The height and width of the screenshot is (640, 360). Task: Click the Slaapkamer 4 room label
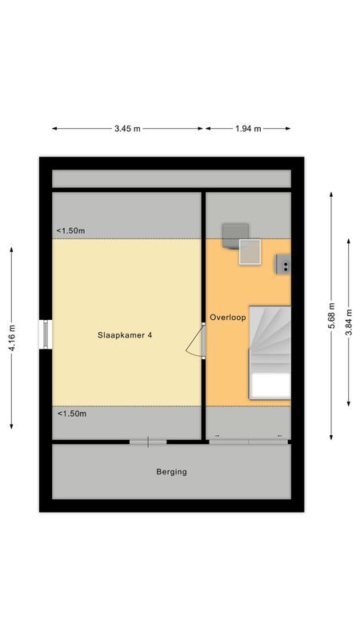pyautogui.click(x=125, y=335)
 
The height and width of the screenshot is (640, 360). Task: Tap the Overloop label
pyautogui.click(x=228, y=317)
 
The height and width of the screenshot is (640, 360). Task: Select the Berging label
pyautogui.click(x=171, y=472)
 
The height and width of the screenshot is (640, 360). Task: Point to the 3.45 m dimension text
pyautogui.click(x=127, y=129)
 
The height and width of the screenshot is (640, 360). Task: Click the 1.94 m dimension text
pyautogui.click(x=248, y=129)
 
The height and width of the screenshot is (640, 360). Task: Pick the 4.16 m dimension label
pyautogui.click(x=12, y=338)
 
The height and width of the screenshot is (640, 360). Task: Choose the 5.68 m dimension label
pyautogui.click(x=331, y=315)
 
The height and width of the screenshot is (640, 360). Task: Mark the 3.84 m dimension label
pyautogui.click(x=349, y=322)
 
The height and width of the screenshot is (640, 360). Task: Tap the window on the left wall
pyautogui.click(x=46, y=334)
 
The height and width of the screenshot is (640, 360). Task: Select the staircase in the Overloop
pyautogui.click(x=270, y=352)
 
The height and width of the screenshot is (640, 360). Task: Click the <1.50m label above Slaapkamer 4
pyautogui.click(x=71, y=231)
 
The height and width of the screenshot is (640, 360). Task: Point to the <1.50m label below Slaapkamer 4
pyautogui.click(x=72, y=414)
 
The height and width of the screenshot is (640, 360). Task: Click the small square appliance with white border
pyautogui.click(x=250, y=252)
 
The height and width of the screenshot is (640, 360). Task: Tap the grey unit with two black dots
pyautogui.click(x=284, y=264)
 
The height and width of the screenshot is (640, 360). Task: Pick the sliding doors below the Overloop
pyautogui.click(x=249, y=442)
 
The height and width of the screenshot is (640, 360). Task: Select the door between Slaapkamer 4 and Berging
pyautogui.click(x=148, y=442)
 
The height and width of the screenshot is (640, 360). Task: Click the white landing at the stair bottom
pyautogui.click(x=270, y=386)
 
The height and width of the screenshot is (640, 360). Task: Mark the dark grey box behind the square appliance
pyautogui.click(x=234, y=234)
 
